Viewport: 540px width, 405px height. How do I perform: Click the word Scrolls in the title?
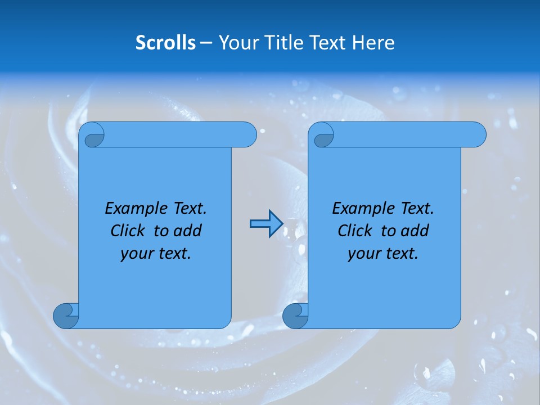165,43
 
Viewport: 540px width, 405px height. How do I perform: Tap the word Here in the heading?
373,43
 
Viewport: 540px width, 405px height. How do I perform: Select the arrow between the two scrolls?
266,224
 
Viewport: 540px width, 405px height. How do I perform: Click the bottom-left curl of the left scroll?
66,315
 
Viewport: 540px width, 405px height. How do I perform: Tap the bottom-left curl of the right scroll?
295,315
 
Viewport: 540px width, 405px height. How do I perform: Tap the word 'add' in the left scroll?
187,231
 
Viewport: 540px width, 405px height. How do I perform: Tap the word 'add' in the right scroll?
415,231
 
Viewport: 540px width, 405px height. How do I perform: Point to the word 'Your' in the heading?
236,43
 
